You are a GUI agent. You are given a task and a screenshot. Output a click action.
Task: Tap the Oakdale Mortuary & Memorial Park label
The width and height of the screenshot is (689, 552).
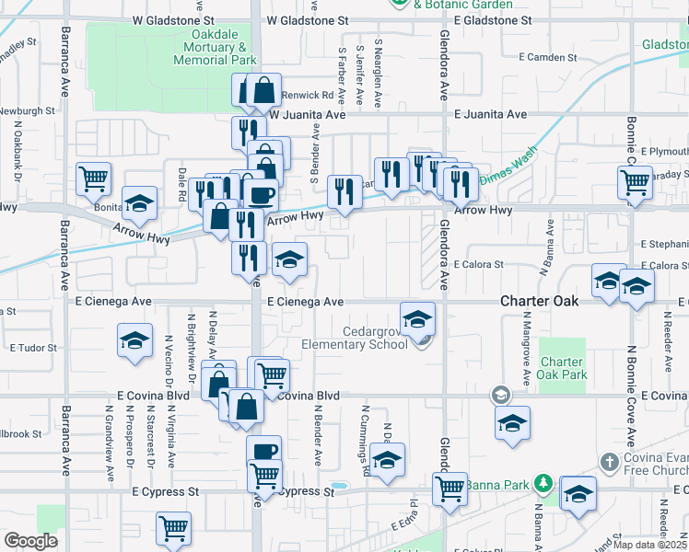[x=216, y=47]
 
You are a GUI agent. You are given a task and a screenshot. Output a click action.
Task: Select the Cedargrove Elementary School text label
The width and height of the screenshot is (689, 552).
[x=355, y=338]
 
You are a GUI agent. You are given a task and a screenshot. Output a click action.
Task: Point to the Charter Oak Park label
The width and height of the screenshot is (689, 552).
[x=563, y=368]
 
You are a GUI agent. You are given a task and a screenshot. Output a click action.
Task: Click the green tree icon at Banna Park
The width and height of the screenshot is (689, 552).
[x=543, y=482]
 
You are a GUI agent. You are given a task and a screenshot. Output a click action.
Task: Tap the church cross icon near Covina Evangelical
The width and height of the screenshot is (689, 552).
[x=610, y=462]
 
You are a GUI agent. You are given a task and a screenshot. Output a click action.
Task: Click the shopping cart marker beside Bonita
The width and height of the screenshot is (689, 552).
[x=93, y=179]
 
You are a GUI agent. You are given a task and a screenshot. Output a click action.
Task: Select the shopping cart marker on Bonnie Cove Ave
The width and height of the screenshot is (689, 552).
[x=636, y=181]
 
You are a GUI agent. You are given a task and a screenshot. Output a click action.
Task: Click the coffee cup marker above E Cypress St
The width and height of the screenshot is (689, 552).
[x=264, y=451]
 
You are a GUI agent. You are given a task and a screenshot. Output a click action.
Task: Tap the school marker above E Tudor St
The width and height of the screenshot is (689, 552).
[x=134, y=340]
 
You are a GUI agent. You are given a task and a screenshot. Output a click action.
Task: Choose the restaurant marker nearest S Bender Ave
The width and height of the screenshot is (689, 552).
[x=344, y=191]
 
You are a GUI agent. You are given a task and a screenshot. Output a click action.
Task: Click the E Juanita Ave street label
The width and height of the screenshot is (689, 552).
[x=491, y=114]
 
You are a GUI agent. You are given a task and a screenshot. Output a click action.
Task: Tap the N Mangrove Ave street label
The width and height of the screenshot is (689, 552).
[x=526, y=353]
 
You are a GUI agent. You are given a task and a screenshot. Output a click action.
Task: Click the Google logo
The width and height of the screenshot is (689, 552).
[x=30, y=540]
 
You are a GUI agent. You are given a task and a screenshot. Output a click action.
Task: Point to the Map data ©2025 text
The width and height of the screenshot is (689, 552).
[x=650, y=545]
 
